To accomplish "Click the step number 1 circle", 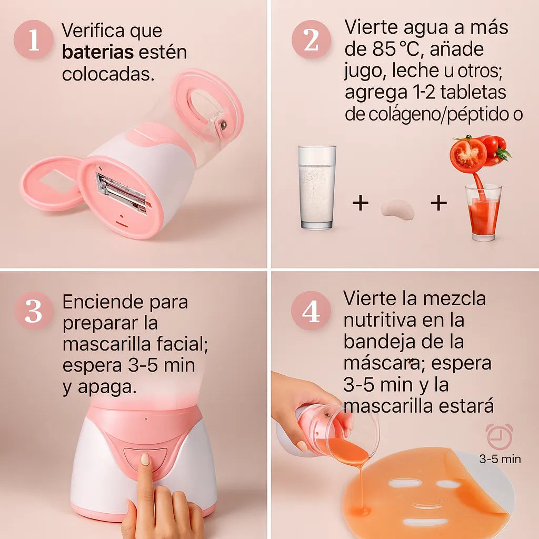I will (34, 39).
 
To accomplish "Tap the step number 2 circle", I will (311, 39).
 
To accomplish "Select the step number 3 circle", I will (34, 311).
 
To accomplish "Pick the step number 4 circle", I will (311, 311).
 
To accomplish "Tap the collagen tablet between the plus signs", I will (397, 209).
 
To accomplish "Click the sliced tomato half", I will (468, 155).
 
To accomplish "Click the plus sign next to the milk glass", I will (361, 203).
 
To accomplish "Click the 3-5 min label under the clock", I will (500, 459).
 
